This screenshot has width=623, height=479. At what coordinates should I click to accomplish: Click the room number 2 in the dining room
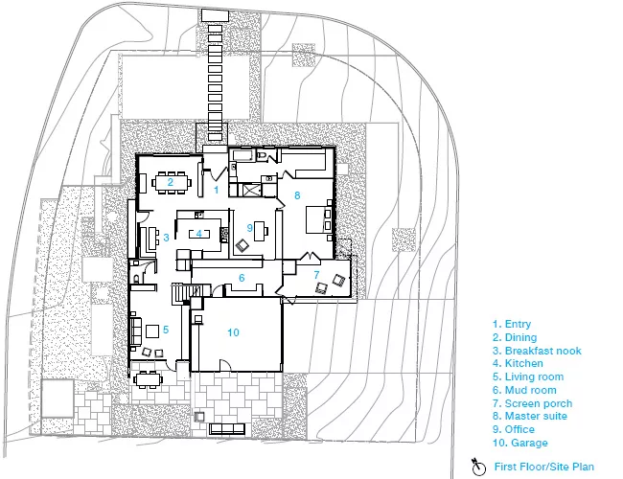click(x=170, y=182)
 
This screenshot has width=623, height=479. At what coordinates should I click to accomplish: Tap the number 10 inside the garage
click(x=233, y=332)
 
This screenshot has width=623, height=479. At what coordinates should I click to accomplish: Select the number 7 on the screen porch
click(x=316, y=274)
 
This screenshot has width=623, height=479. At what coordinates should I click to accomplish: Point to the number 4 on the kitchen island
click(x=198, y=234)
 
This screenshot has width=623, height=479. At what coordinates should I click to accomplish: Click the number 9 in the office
click(x=249, y=228)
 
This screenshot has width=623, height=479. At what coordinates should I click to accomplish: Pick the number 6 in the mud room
click(x=242, y=278)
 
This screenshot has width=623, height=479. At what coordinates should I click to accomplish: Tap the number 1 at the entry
click(x=217, y=190)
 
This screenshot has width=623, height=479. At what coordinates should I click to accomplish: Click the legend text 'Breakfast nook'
click(x=542, y=351)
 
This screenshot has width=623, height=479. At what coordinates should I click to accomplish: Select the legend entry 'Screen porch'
click(x=539, y=403)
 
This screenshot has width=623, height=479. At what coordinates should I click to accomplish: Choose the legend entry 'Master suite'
click(x=536, y=416)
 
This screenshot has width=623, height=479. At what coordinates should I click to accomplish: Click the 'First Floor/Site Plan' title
click(x=544, y=467)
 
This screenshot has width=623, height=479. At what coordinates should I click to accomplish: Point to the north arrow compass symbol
click(x=479, y=468)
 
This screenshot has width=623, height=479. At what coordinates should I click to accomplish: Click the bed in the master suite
click(x=318, y=219)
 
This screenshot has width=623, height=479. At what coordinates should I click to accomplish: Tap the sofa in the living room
click(x=136, y=331)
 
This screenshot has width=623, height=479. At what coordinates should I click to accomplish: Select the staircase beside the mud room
click(x=180, y=294)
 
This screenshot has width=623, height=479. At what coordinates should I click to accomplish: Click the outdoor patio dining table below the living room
click(x=149, y=379)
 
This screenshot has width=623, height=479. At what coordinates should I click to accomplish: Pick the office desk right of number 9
click(x=260, y=231)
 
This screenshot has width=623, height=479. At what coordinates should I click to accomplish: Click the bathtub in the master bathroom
click(x=242, y=156)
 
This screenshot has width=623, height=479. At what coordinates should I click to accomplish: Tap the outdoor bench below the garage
click(x=227, y=429)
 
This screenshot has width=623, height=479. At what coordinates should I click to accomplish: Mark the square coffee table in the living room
click(x=152, y=331)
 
